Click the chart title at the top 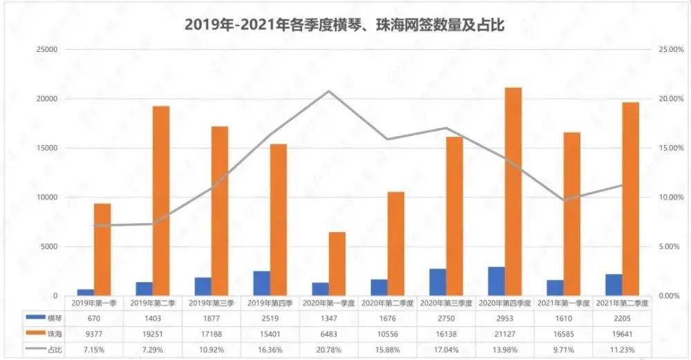point(345,26)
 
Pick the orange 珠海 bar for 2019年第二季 point(161,200)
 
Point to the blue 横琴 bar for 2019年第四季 point(261,283)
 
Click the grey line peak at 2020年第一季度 point(329,91)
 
